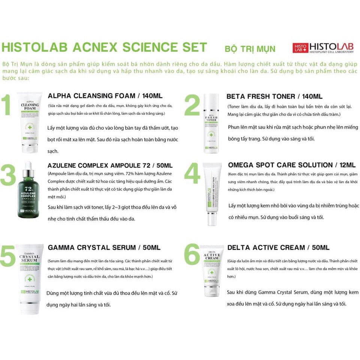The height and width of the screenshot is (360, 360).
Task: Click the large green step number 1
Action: (7, 106)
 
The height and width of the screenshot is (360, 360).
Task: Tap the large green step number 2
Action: (192, 106)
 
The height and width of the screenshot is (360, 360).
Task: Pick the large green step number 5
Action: (8, 256)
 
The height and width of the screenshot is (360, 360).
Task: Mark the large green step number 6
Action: (192, 256)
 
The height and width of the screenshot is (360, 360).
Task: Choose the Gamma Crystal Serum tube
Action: (30, 277)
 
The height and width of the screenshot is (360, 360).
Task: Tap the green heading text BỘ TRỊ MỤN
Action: (250, 49)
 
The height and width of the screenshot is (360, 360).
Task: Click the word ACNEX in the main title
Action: (88, 47)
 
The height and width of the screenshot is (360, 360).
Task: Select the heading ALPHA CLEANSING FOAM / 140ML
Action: (105, 96)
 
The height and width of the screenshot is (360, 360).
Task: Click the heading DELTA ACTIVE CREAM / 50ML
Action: (278, 247)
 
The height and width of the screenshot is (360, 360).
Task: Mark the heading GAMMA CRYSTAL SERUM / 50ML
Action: (104, 247)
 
